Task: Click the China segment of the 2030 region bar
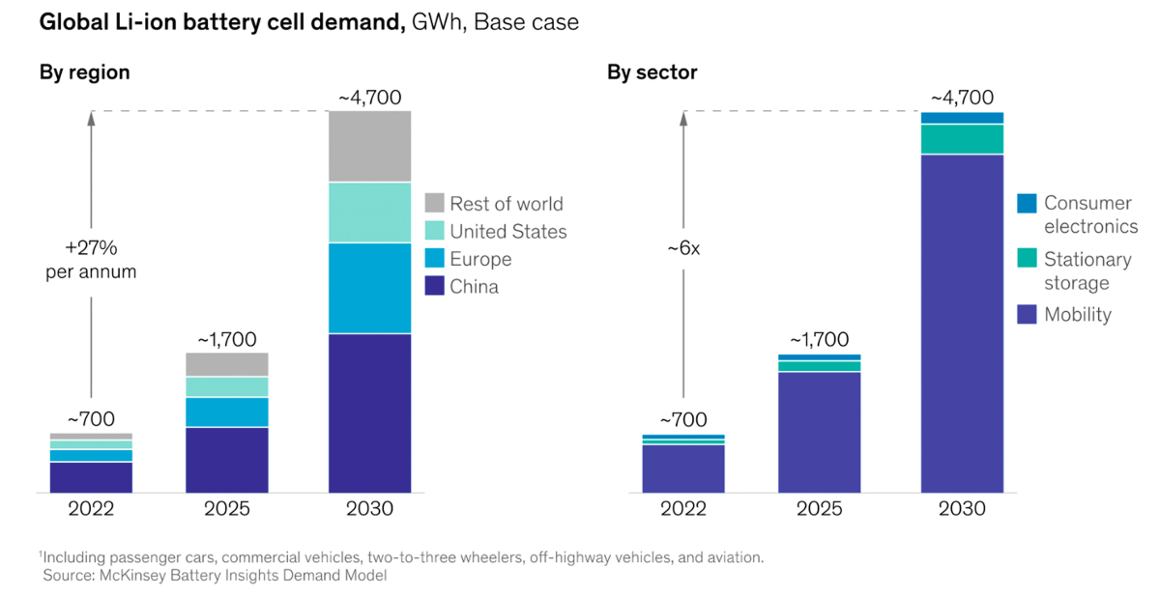pyautogui.click(x=369, y=412)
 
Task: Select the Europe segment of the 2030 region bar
pyautogui.click(x=369, y=288)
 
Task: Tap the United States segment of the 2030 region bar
pyautogui.click(x=369, y=213)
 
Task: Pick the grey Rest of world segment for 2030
pyautogui.click(x=369, y=146)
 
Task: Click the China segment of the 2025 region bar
pyautogui.click(x=226, y=460)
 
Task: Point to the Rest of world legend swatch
pyautogui.click(x=434, y=204)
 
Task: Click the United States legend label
pyautogui.click(x=508, y=232)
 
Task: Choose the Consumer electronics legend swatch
pyautogui.click(x=1027, y=204)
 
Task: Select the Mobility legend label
pyautogui.click(x=1078, y=315)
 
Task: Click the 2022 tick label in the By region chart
pyautogui.click(x=91, y=509)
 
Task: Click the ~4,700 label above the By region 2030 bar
pyautogui.click(x=369, y=98)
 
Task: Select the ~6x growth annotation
pyautogui.click(x=682, y=248)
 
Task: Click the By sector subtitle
pyautogui.click(x=652, y=72)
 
